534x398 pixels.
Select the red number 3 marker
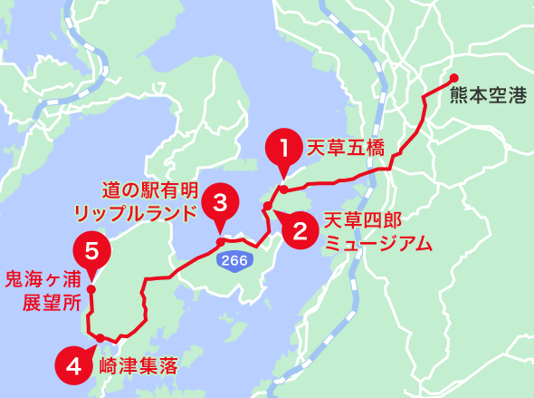(x=220, y=201)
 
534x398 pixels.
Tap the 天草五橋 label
(x=347, y=146)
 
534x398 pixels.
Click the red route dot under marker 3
(x=220, y=242)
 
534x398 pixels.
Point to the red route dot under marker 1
(x=283, y=189)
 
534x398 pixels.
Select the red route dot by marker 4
(x=99, y=339)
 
